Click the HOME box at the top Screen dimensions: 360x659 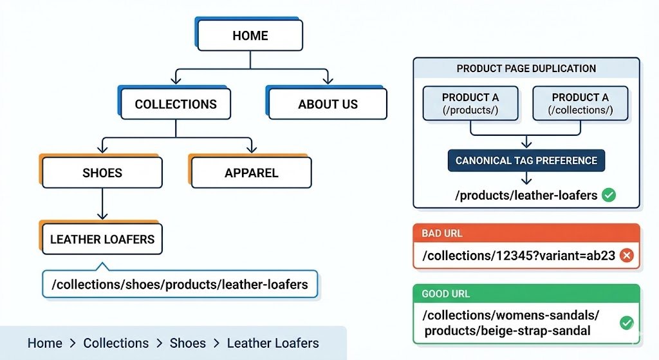[x=250, y=35]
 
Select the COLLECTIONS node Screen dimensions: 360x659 [x=175, y=104]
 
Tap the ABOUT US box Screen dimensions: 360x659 [x=328, y=104]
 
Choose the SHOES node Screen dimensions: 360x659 [x=102, y=173]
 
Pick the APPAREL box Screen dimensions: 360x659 [x=251, y=173]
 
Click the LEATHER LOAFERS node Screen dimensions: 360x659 [x=102, y=240]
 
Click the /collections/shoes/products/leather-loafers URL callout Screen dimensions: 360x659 [x=180, y=284]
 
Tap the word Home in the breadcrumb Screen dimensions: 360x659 [x=44, y=343]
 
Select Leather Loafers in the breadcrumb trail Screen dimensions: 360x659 [x=272, y=343]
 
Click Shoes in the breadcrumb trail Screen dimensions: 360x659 [x=188, y=343]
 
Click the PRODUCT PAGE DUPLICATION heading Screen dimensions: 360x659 [x=526, y=68]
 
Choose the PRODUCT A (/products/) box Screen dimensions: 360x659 [x=470, y=104]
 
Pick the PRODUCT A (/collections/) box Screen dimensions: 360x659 [x=580, y=104]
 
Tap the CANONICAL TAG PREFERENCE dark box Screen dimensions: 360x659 [x=526, y=160]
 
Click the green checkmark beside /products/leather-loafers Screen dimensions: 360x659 [x=608, y=195]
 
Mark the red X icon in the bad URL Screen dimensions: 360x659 [x=626, y=256]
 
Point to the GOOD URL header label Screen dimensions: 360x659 [x=445, y=294]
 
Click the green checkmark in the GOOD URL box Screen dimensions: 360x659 [x=626, y=323]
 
